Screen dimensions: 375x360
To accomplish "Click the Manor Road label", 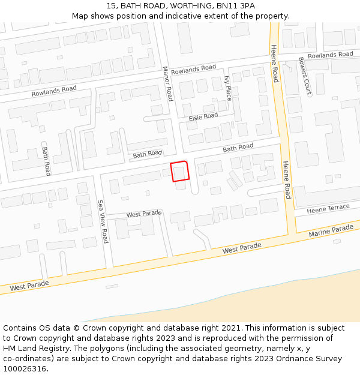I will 168,84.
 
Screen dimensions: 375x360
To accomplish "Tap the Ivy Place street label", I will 227,88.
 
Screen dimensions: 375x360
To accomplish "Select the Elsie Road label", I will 203,116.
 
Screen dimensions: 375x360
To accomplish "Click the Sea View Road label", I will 103,221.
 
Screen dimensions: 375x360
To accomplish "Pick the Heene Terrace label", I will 328,209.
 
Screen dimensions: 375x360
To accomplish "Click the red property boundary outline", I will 180,171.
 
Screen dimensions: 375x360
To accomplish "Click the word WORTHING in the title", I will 184,6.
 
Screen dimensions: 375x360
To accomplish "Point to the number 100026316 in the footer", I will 25,369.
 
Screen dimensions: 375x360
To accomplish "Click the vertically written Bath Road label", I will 46,161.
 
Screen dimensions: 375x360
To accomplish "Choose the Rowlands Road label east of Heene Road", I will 331,55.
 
